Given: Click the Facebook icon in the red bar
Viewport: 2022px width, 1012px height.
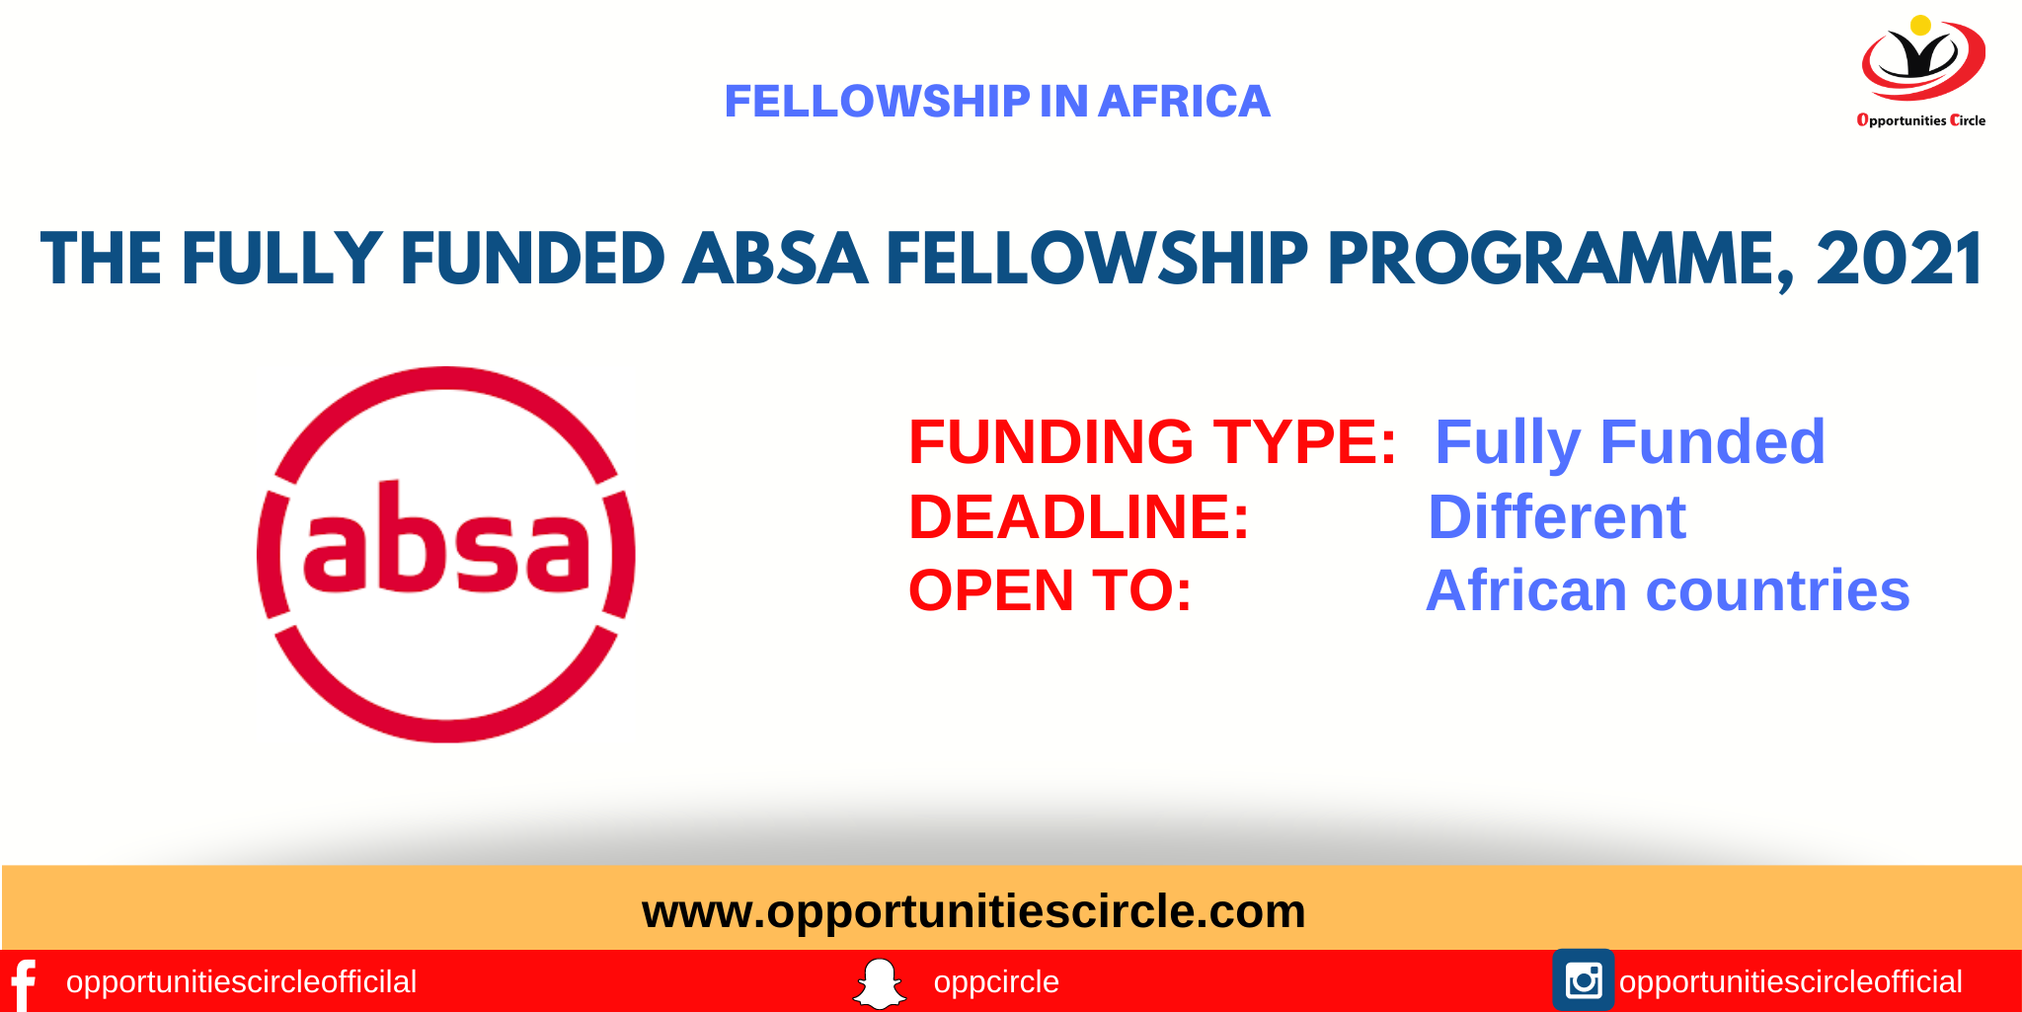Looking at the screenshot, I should (x=23, y=983).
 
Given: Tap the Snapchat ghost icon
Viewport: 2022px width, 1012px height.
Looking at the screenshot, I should (x=879, y=983).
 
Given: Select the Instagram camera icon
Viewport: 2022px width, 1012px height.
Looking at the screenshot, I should (x=1583, y=980).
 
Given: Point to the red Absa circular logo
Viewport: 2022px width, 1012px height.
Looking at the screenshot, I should (x=445, y=554).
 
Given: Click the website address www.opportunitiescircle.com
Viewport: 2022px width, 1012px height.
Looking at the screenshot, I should (x=973, y=910).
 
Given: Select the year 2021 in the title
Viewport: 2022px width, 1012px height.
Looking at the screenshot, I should (x=1898, y=260).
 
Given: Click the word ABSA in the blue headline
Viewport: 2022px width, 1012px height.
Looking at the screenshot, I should (x=775, y=260).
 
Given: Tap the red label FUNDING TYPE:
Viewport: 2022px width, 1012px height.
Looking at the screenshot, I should (x=1151, y=441).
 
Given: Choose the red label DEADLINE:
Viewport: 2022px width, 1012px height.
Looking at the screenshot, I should (x=1078, y=516).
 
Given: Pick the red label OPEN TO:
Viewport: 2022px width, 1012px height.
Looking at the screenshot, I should (x=1050, y=590).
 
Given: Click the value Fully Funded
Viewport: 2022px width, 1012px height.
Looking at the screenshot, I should (x=1629, y=441).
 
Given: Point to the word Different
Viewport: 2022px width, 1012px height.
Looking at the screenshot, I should (x=1556, y=516).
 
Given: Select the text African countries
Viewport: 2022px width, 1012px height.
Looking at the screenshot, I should (x=1667, y=590).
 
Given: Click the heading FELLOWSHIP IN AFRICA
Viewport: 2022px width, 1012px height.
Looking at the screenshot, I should (x=997, y=102).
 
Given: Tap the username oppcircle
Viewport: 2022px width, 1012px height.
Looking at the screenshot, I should (x=995, y=982).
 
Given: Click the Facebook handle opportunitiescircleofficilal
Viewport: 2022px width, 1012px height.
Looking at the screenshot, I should (x=241, y=982).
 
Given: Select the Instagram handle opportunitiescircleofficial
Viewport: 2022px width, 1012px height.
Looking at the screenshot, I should (x=1790, y=982).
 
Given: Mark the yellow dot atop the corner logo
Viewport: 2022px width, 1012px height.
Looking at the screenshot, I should (x=1920, y=26).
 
